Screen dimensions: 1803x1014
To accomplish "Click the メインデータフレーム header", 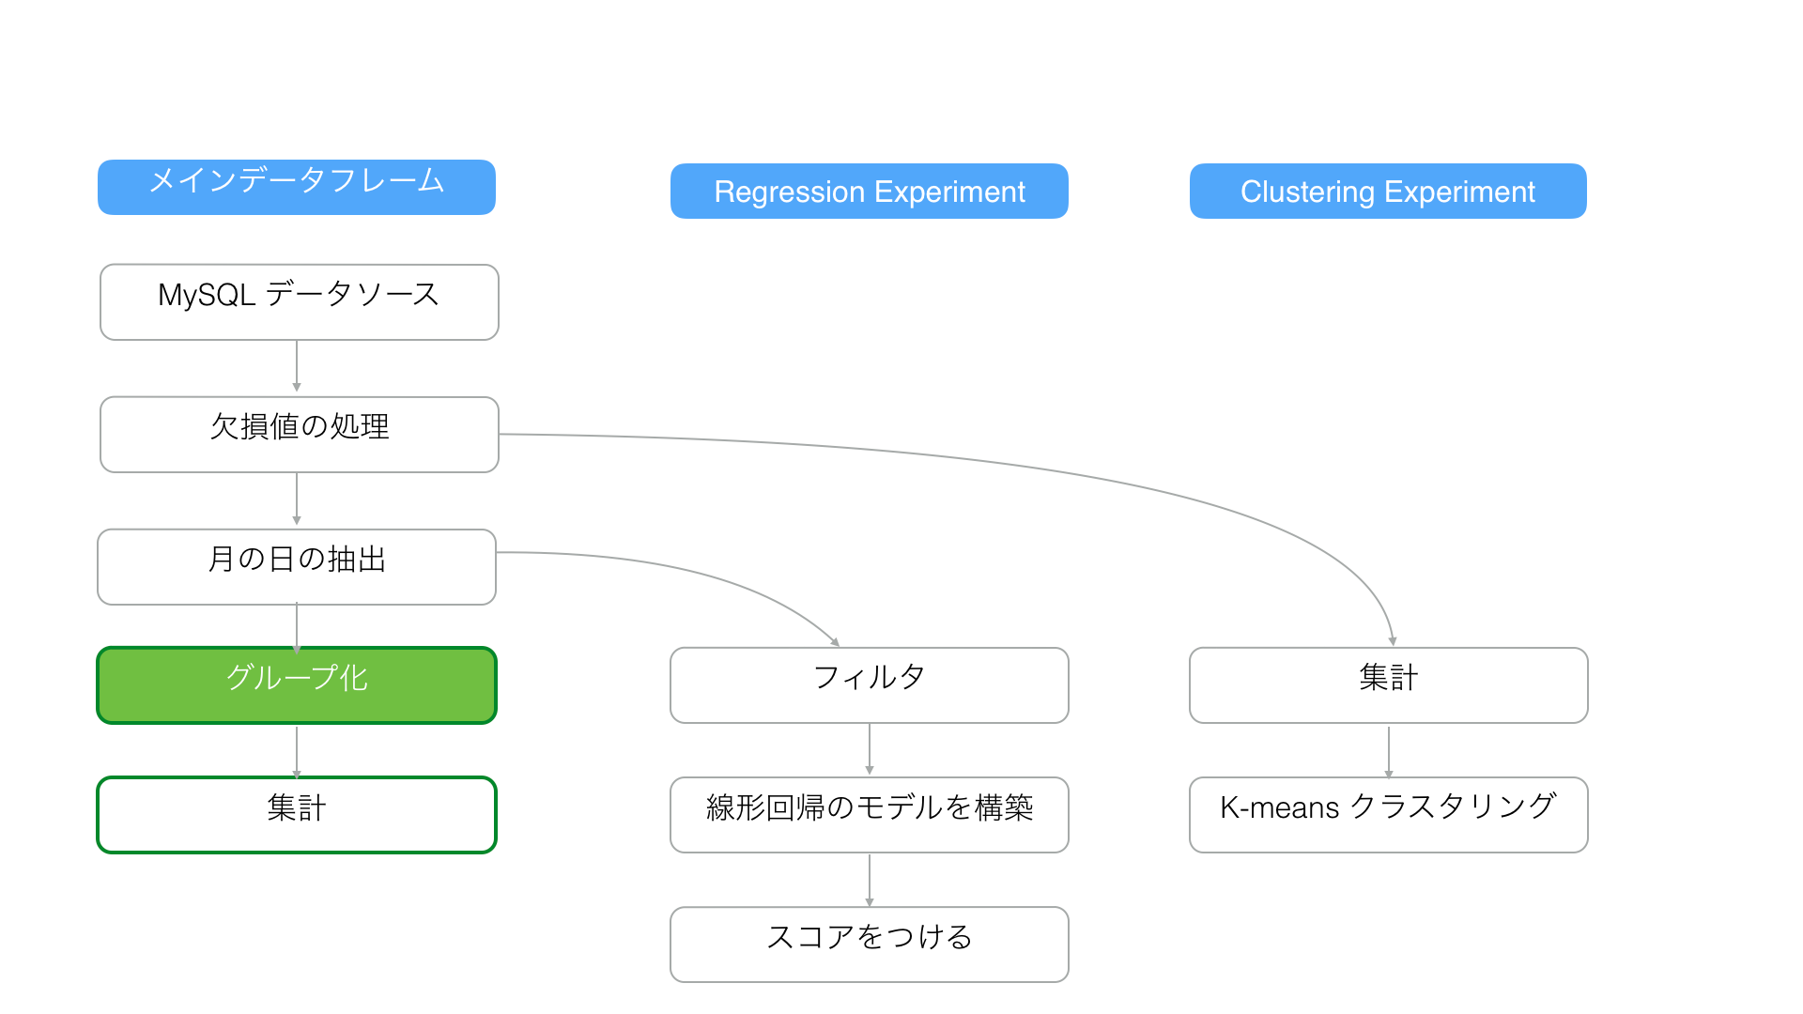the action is click(297, 187).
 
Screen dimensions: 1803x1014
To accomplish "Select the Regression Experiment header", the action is click(870, 192).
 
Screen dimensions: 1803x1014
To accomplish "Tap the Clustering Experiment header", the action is click(1388, 192).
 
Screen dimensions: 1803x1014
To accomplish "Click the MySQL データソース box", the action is click(300, 302).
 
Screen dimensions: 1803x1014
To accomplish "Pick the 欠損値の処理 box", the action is click(300, 435).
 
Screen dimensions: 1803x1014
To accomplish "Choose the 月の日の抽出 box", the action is click(297, 567).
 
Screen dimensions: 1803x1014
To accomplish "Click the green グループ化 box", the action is click(297, 685).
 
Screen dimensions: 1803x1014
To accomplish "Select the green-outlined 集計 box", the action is click(297, 815).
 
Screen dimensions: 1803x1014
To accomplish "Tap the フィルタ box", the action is click(870, 685).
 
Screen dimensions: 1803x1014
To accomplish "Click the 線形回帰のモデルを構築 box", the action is click(870, 815).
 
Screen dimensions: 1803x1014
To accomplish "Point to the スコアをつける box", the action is click(870, 945).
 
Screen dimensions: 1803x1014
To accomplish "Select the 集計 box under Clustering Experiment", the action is click(1389, 685).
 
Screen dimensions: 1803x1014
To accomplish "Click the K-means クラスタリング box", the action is click(1389, 815).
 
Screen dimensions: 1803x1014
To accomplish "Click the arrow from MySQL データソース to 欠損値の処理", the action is click(297, 366).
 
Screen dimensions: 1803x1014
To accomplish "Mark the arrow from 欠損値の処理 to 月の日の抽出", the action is click(297, 499).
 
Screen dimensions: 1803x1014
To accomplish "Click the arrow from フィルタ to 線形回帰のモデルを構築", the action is click(870, 748).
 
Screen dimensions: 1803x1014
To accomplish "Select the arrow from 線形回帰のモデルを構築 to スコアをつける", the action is click(870, 880).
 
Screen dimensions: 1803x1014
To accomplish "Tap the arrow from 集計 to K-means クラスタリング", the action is click(1389, 752).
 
